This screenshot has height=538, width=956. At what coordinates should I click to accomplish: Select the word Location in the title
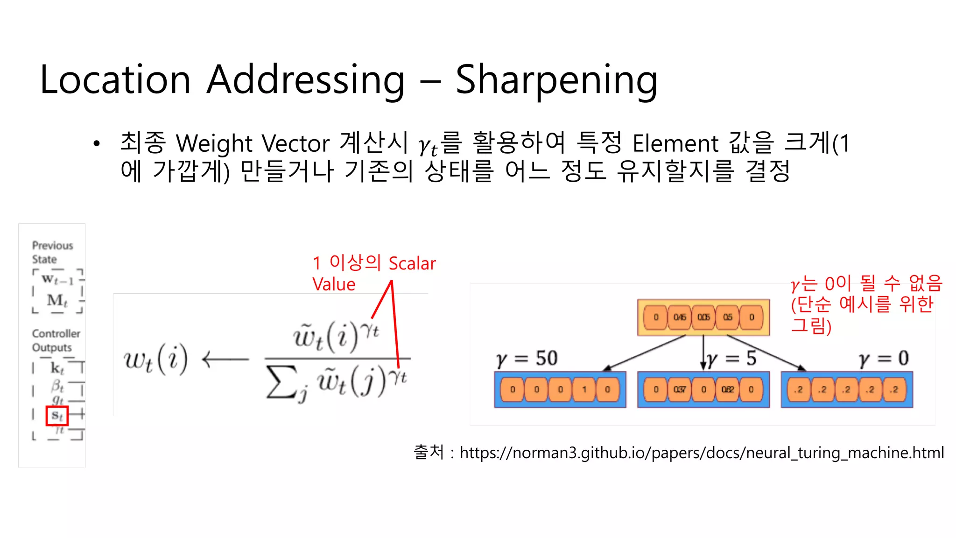coord(115,80)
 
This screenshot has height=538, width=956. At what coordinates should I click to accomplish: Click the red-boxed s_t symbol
coord(57,415)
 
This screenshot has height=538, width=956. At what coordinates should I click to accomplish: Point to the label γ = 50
coord(527,359)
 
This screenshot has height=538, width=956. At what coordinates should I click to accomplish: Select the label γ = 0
coord(884,359)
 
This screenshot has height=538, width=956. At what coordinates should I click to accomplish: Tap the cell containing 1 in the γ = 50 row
coord(584,389)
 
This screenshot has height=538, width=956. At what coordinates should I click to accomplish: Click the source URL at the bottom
coord(702,453)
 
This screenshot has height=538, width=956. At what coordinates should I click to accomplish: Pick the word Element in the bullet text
coord(675,143)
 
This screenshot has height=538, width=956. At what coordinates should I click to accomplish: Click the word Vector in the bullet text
coord(295,143)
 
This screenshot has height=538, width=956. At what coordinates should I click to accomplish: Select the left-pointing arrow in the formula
coord(225,359)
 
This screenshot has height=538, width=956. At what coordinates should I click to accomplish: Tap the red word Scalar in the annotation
coord(412,263)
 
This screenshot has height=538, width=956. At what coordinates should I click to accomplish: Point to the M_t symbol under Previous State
coord(57,300)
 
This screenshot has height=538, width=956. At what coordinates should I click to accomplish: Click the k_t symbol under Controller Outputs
coord(57,368)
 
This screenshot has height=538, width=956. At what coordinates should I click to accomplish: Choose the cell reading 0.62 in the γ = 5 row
coord(727,389)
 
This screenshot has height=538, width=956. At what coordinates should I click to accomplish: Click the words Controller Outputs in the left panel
coord(56,340)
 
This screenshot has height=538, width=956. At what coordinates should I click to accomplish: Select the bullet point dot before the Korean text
coord(97,143)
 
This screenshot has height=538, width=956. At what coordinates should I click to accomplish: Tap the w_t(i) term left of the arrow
coord(156,359)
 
